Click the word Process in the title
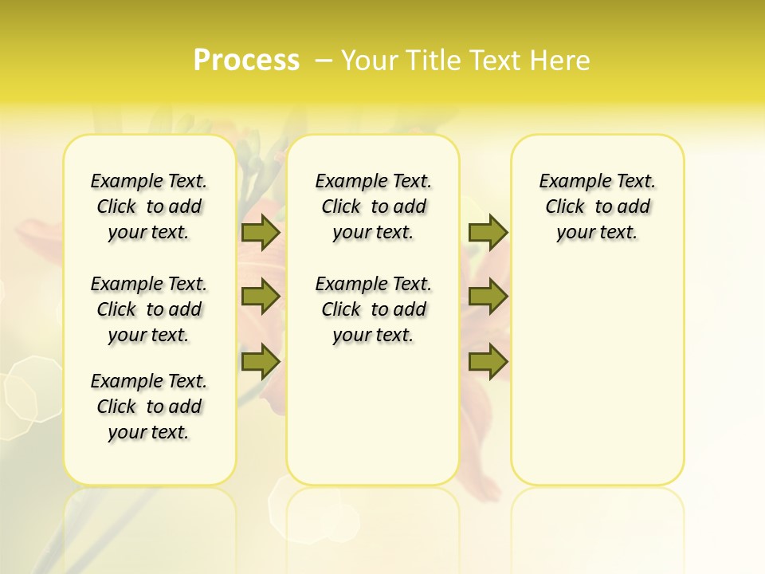pos(246,61)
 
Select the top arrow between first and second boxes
pos(260,232)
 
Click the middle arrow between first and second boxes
pos(260,297)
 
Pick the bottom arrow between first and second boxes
pos(260,361)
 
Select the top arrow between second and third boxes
pos(488,232)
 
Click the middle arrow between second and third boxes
pos(488,297)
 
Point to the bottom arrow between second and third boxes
pos(488,361)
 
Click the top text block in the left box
pos(149,206)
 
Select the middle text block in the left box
pos(149,309)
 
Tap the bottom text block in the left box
pos(149,407)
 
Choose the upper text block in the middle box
pos(373,206)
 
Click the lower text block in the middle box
pos(373,309)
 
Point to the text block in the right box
pos(598,206)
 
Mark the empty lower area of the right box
pos(598,375)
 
